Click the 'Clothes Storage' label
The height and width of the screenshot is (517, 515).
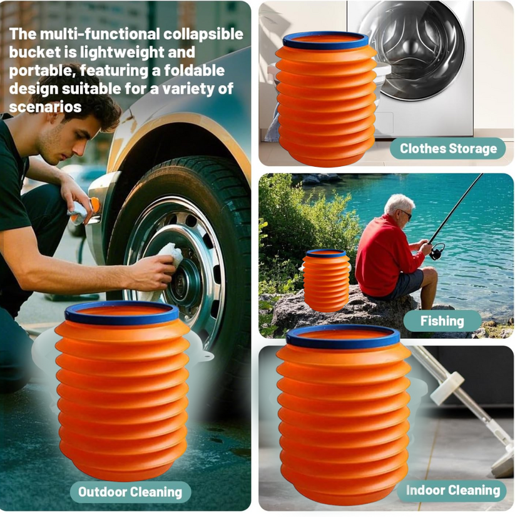point(448,148)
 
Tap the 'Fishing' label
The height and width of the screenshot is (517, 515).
point(442,321)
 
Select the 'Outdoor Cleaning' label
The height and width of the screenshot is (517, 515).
point(130,491)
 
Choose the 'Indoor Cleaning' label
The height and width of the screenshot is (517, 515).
point(452,490)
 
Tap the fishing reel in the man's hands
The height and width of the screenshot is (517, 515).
point(437,248)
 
